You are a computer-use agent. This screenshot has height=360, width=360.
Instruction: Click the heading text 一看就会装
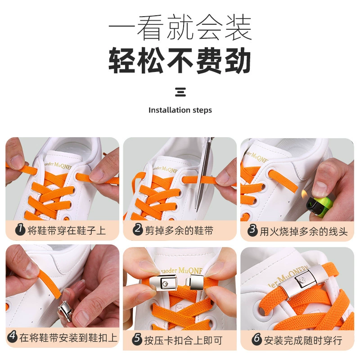(180, 27)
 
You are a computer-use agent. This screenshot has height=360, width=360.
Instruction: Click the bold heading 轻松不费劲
(180, 61)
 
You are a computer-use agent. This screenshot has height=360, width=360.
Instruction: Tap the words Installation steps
(180, 110)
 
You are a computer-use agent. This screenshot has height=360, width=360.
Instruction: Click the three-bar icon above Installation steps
(180, 92)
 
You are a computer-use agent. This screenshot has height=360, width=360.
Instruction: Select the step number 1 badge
(20, 229)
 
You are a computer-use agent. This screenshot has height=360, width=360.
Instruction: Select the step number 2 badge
(138, 229)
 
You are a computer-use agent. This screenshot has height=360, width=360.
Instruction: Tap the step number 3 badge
(252, 230)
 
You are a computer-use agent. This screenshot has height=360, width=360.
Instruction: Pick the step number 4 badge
(13, 337)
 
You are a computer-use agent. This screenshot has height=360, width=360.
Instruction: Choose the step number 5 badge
(137, 339)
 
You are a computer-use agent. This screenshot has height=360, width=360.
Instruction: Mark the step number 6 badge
(256, 339)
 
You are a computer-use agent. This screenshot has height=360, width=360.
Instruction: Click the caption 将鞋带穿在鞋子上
(67, 230)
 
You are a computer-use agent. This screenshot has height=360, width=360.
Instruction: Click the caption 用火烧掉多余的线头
(303, 231)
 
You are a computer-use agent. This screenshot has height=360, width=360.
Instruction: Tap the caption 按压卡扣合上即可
(183, 340)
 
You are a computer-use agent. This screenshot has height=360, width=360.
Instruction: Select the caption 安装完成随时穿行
(303, 340)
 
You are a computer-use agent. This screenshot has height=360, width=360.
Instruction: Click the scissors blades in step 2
(204, 175)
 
